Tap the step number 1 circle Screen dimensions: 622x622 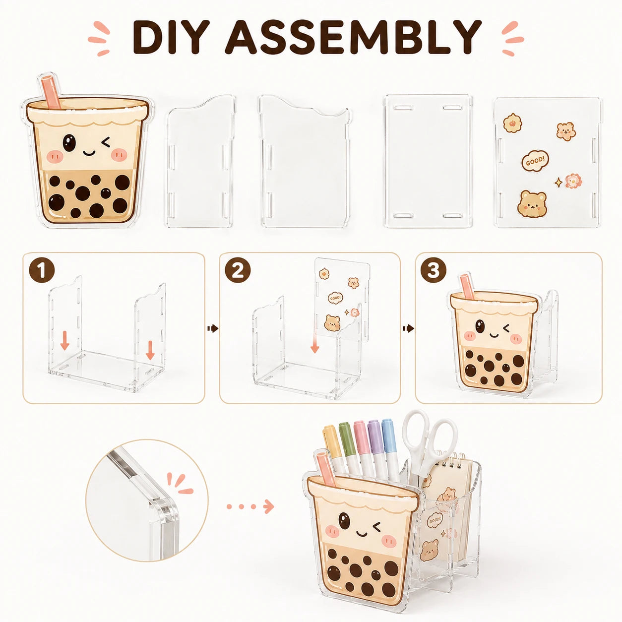tap(42, 271)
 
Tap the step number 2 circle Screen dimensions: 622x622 tap(238, 271)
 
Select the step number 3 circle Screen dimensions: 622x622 tap(434, 271)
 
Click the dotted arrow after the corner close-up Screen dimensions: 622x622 tap(250, 506)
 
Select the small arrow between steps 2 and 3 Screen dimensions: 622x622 tap(408, 328)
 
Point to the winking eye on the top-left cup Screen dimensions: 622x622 tap(105, 141)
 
